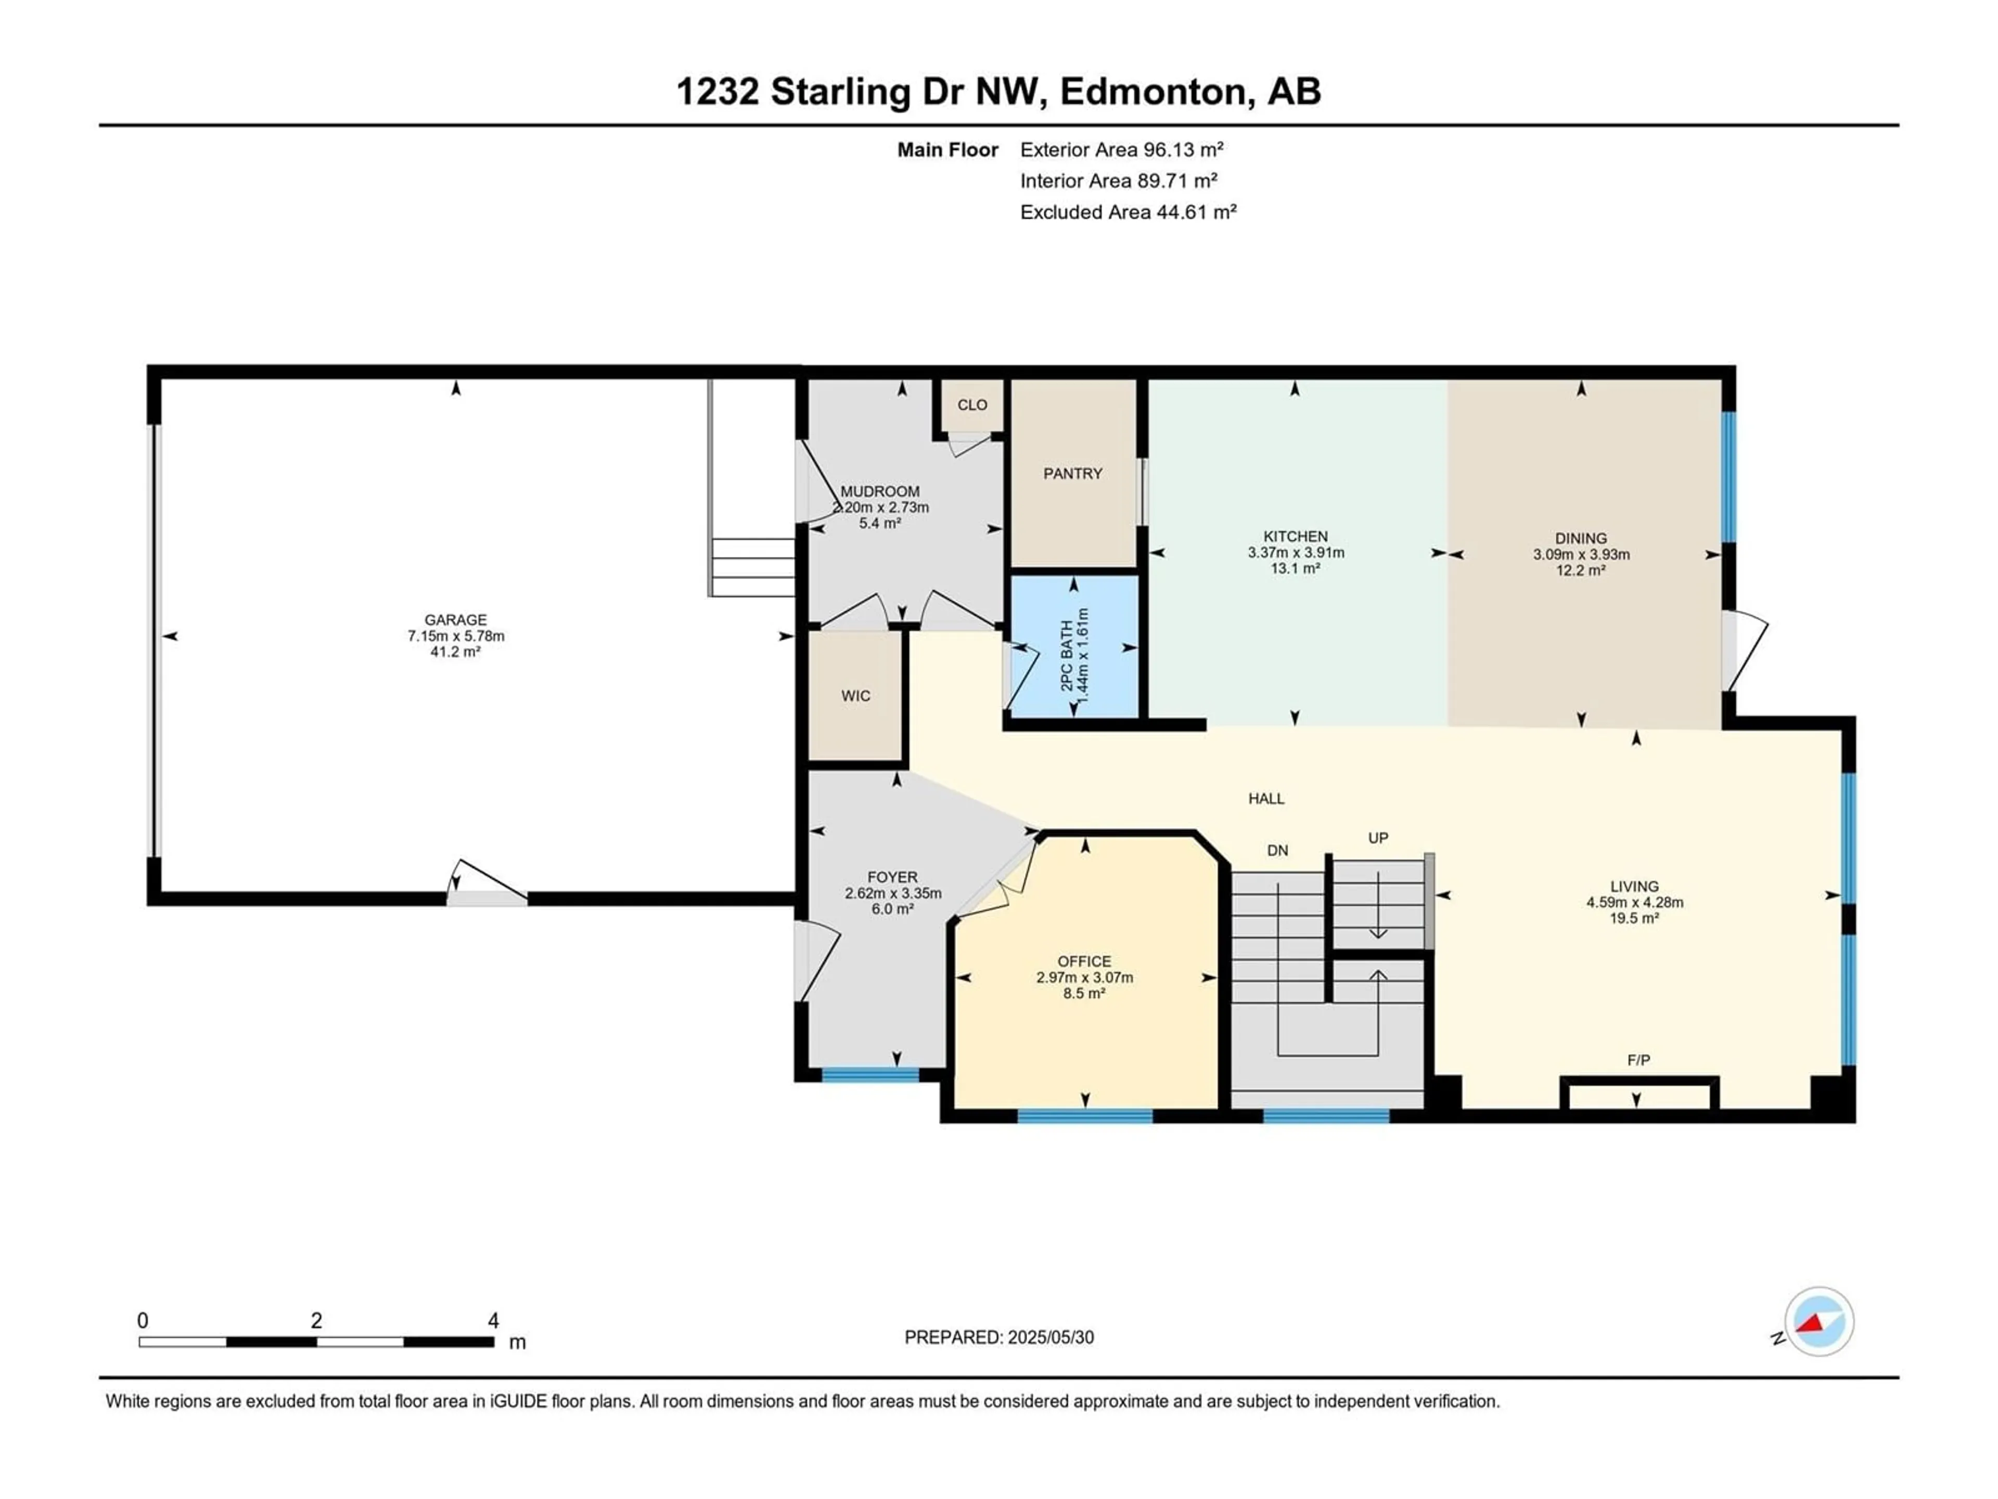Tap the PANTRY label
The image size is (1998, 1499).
[x=1072, y=474]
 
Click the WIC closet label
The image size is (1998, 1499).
[x=855, y=696]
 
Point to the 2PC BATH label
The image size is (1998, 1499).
[x=1067, y=656]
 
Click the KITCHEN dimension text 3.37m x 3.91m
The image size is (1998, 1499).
[x=1296, y=552]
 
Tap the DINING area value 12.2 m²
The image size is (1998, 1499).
[x=1581, y=570]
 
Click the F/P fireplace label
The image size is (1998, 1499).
[x=1638, y=1060]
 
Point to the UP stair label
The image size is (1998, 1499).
[x=1377, y=837]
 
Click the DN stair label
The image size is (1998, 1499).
[x=1277, y=850]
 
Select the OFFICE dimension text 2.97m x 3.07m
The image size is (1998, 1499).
[x=1084, y=977]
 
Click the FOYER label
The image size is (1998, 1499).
[x=892, y=878]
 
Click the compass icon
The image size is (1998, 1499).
[x=1819, y=1321]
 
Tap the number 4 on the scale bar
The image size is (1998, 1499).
[x=493, y=1320]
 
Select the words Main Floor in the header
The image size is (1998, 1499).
[x=947, y=150]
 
